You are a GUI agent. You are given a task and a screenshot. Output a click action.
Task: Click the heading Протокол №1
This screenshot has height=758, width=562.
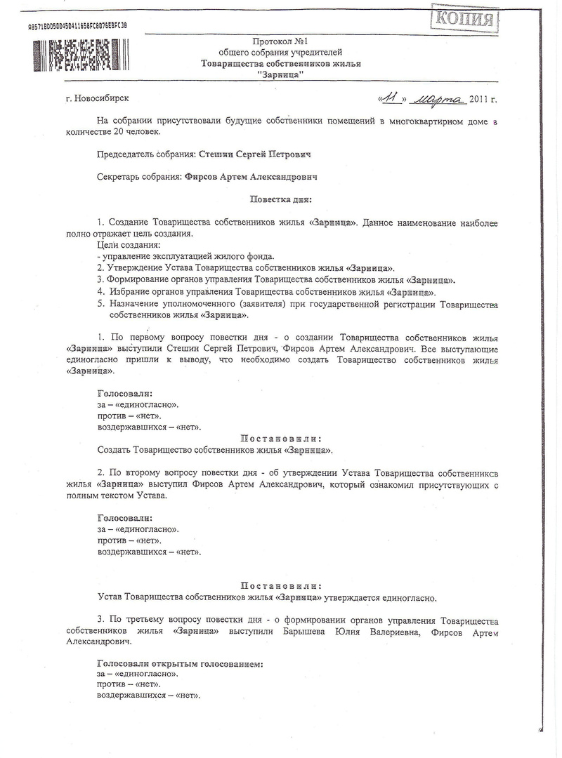(x=280, y=42)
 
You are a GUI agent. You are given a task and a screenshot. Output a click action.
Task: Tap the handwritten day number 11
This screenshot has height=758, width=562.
(x=392, y=99)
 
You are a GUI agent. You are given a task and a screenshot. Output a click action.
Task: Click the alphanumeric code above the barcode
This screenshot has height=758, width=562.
(x=77, y=25)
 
